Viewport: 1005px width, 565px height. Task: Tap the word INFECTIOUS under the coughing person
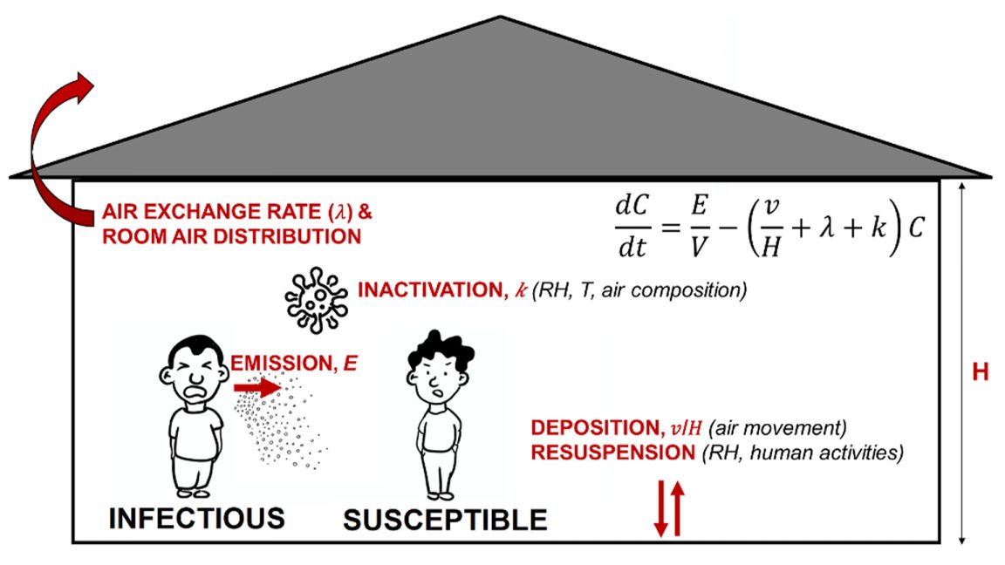(x=196, y=518)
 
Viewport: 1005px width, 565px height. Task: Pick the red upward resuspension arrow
(x=677, y=511)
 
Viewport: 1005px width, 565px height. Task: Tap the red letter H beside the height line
(x=981, y=372)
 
